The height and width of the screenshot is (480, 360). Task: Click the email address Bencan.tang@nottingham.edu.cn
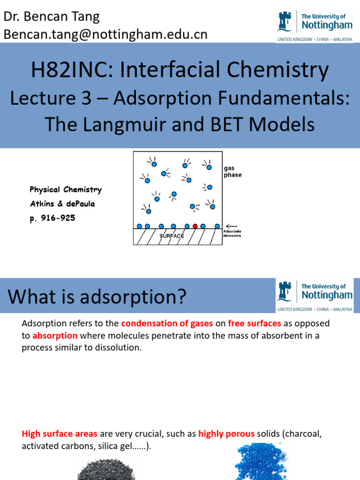click(105, 34)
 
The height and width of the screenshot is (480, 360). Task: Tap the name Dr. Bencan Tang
click(52, 17)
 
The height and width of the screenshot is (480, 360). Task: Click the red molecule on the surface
click(195, 226)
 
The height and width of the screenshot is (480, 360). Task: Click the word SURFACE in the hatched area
click(172, 236)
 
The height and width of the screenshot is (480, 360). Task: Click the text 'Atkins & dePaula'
click(62, 204)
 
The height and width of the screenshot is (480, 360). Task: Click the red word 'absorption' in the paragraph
click(55, 336)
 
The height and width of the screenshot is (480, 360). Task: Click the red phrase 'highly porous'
click(226, 434)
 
